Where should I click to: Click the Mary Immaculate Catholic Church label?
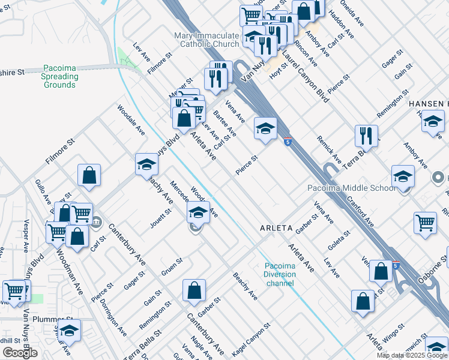[206, 40]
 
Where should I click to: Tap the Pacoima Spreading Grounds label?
[60, 77]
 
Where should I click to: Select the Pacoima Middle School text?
[351, 188]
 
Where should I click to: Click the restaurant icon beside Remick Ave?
[366, 136]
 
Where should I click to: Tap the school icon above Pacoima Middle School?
[403, 176]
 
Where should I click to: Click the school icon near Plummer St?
[69, 330]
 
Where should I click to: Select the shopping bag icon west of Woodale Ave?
[89, 176]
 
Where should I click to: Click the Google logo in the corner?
[20, 353]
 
